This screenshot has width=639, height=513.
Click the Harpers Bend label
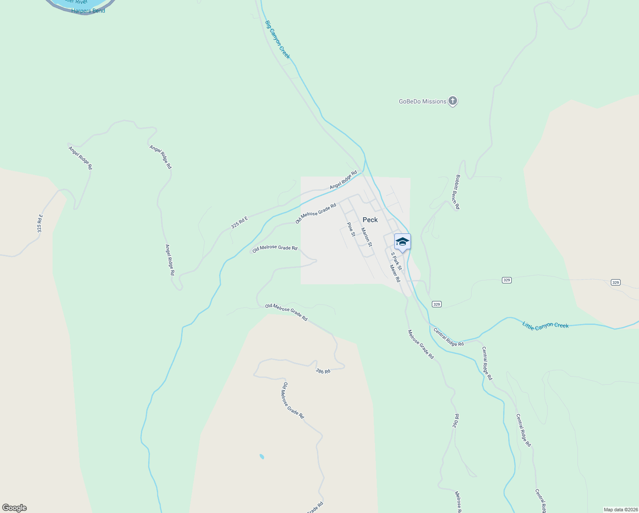click(88, 11)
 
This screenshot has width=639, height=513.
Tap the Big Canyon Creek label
click(278, 40)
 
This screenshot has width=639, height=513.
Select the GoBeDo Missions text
click(422, 102)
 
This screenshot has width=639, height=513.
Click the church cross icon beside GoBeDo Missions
click(453, 101)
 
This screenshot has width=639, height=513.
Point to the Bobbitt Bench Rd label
click(457, 192)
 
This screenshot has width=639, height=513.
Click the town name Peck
click(370, 220)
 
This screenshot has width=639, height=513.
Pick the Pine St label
click(351, 229)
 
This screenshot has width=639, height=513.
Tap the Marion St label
click(366, 237)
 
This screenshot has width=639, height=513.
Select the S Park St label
click(396, 261)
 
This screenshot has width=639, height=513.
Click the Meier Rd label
click(395, 274)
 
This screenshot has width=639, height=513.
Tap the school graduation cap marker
click(402, 242)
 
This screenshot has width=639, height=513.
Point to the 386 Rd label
click(323, 371)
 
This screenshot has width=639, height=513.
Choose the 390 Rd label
click(456, 421)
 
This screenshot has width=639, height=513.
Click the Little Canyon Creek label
click(545, 325)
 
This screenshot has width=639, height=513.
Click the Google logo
click(15, 508)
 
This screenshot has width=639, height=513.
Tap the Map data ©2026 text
click(620, 510)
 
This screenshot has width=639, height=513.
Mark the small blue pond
click(262, 457)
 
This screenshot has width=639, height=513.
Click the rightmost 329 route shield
click(615, 283)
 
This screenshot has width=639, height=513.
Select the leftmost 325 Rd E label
click(40, 224)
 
